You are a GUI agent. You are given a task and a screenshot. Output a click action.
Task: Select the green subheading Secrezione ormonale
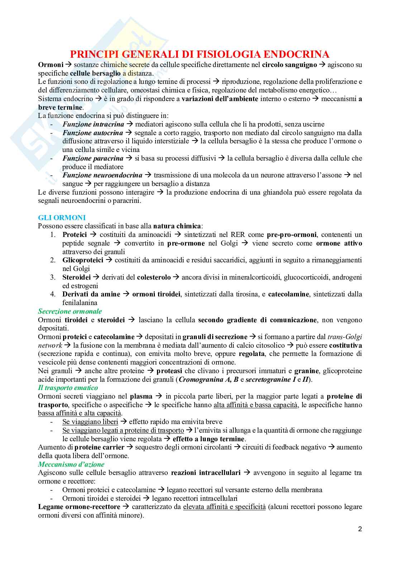[70, 311]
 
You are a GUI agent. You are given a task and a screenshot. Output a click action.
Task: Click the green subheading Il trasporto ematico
[68, 387]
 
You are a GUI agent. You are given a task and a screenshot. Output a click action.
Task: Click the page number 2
[360, 529]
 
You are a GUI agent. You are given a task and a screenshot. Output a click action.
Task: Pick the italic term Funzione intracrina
[93, 124]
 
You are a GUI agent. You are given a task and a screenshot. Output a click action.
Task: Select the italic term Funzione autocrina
[92, 133]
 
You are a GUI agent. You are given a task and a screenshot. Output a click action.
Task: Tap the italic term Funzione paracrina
[93, 158]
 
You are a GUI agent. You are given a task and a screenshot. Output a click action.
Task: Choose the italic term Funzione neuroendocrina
[102, 175]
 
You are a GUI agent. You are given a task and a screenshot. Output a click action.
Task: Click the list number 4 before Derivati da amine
[53, 294]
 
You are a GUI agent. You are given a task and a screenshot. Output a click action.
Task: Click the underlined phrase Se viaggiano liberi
[90, 422]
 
